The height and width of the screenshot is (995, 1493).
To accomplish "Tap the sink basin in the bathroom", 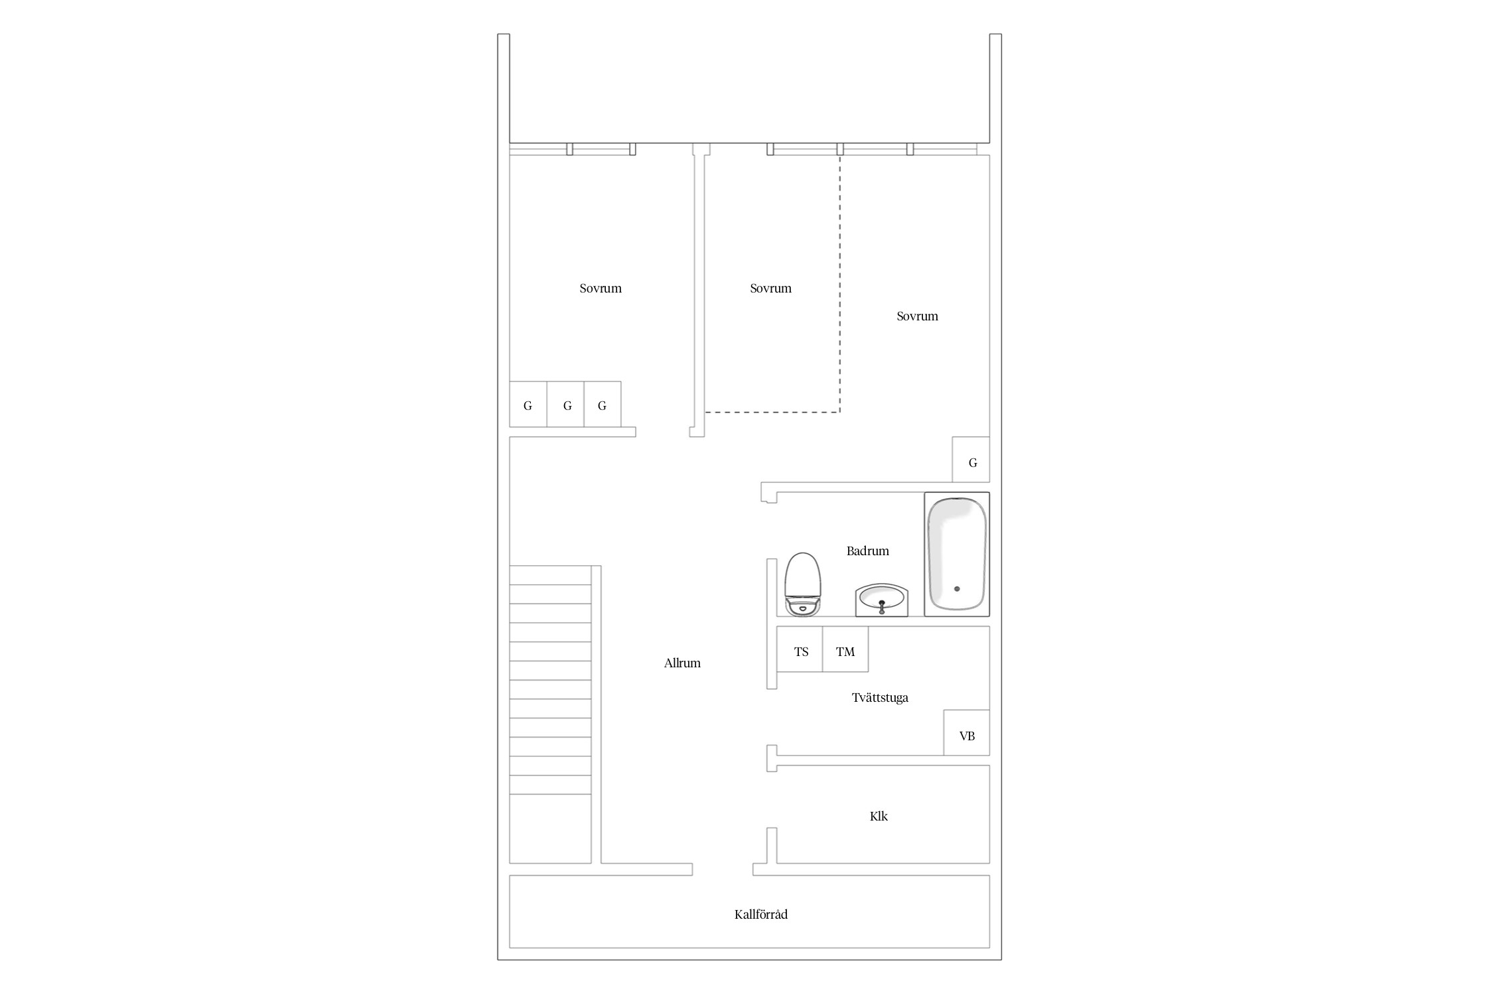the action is pyautogui.click(x=881, y=600).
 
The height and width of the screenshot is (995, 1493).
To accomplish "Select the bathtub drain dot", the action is pyautogui.click(x=956, y=588).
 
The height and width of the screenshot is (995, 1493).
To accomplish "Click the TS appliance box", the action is pyautogui.click(x=800, y=649).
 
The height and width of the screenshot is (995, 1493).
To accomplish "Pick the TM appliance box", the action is pyautogui.click(x=845, y=649).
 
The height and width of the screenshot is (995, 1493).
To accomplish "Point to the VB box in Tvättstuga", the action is pyautogui.click(x=967, y=732).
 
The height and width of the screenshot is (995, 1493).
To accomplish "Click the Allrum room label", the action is pyautogui.click(x=682, y=663).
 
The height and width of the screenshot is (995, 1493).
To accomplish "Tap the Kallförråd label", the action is pyautogui.click(x=761, y=914).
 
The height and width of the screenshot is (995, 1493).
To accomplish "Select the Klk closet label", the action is pyautogui.click(x=879, y=816).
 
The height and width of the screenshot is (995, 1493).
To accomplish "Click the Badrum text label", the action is pyautogui.click(x=868, y=551).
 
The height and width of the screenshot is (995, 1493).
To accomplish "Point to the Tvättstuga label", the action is pyautogui.click(x=880, y=697).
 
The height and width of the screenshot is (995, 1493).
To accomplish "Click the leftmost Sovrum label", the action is pyautogui.click(x=601, y=288).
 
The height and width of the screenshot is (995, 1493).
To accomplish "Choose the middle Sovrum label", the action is pyautogui.click(x=771, y=288).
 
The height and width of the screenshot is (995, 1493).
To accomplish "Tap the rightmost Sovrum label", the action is pyautogui.click(x=918, y=316).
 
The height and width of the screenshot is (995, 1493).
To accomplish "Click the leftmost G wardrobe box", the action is pyautogui.click(x=528, y=404).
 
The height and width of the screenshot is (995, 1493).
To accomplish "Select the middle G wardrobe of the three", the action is pyautogui.click(x=565, y=404).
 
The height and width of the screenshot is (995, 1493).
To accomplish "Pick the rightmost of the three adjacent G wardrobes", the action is pyautogui.click(x=603, y=404).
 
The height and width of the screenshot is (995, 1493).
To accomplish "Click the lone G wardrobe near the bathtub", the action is pyautogui.click(x=971, y=459).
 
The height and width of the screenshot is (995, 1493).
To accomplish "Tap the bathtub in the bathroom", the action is pyautogui.click(x=957, y=554).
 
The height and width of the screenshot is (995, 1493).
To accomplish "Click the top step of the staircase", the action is pyautogui.click(x=550, y=575).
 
